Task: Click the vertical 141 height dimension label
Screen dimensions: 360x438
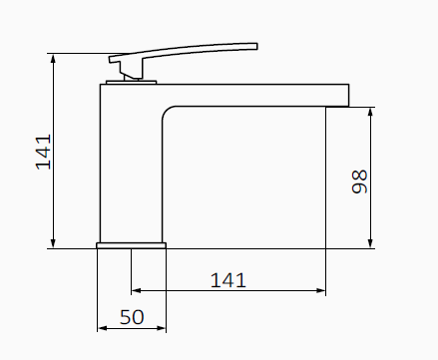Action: click(44, 151)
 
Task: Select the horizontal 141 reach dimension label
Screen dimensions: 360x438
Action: click(228, 280)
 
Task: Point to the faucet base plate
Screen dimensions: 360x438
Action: click(131, 244)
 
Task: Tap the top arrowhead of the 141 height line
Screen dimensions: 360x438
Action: click(54, 59)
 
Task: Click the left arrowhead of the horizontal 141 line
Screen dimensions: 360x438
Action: click(137, 291)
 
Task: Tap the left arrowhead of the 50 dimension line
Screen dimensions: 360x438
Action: click(102, 327)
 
